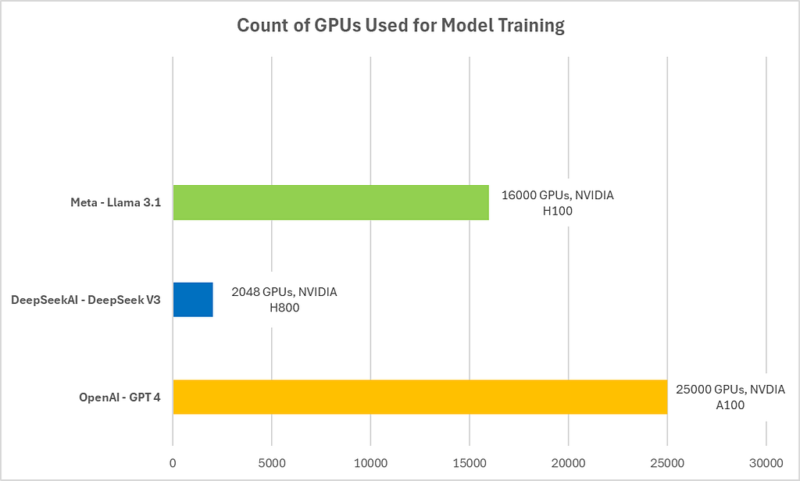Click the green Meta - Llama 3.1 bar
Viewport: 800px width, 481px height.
(330, 202)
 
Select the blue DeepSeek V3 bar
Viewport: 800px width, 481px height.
(193, 299)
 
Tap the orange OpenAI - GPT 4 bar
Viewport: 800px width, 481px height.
(420, 397)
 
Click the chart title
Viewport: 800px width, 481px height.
(401, 25)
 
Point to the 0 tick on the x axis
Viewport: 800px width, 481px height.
(173, 463)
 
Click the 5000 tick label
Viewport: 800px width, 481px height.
(271, 463)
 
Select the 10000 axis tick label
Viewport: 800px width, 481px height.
(370, 463)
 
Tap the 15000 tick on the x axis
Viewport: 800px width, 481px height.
(470, 463)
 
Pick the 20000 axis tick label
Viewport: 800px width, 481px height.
(569, 463)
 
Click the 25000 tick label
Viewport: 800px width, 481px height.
(667, 463)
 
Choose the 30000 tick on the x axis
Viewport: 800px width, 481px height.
(766, 463)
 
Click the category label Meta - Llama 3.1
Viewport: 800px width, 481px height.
(116, 202)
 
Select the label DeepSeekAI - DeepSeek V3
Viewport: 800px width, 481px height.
(86, 300)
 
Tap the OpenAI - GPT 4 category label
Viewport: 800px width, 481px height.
(120, 397)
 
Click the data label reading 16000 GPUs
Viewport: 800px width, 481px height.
(558, 203)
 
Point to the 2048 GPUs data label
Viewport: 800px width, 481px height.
(284, 299)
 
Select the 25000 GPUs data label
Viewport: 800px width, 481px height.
(730, 397)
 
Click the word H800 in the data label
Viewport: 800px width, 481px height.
(284, 308)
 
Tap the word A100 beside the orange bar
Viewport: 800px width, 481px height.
(730, 405)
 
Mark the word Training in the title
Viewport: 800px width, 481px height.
(531, 26)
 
